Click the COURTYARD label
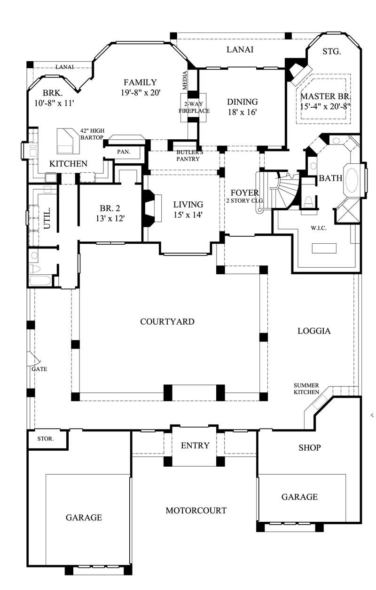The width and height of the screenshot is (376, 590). (167, 322)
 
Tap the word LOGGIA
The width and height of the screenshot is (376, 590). (314, 331)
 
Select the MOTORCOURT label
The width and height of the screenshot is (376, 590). (196, 510)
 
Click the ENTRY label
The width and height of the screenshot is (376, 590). (195, 446)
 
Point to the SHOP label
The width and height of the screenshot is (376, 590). (309, 447)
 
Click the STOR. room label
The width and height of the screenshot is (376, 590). (45, 439)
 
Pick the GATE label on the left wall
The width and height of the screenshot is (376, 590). (39, 369)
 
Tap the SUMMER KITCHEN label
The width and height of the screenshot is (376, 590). (306, 389)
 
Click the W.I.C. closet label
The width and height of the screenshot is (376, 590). (318, 228)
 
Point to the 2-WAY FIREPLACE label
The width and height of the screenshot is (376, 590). (194, 107)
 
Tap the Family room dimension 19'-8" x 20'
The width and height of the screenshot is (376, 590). (141, 93)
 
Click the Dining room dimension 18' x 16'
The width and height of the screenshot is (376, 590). (243, 112)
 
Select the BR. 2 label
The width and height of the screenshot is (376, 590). (111, 208)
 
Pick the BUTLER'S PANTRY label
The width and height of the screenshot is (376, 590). (188, 156)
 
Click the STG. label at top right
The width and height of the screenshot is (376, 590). (331, 52)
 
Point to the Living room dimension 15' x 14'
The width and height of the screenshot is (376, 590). (188, 215)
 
